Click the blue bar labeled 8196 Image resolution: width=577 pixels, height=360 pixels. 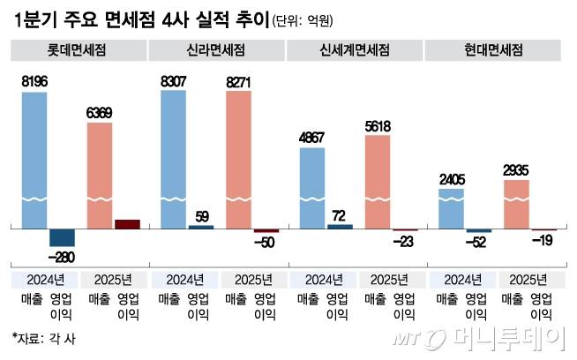pyautogui.click(x=35, y=159)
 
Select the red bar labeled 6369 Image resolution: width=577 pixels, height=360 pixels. pyautogui.click(x=100, y=175)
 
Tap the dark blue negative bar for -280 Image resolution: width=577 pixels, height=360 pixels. pyautogui.click(x=62, y=236)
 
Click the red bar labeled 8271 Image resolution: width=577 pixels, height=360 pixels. pyautogui.click(x=238, y=159)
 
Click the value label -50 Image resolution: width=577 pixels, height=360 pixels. pyautogui.click(x=265, y=242)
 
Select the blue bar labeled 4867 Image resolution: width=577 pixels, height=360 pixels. pyautogui.click(x=312, y=187)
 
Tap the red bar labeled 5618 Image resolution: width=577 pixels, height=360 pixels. pyautogui.click(x=377, y=181)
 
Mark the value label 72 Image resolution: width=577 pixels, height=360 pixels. pyautogui.click(x=339, y=214)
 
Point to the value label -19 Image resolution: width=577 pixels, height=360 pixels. pyautogui.click(x=543, y=241)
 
